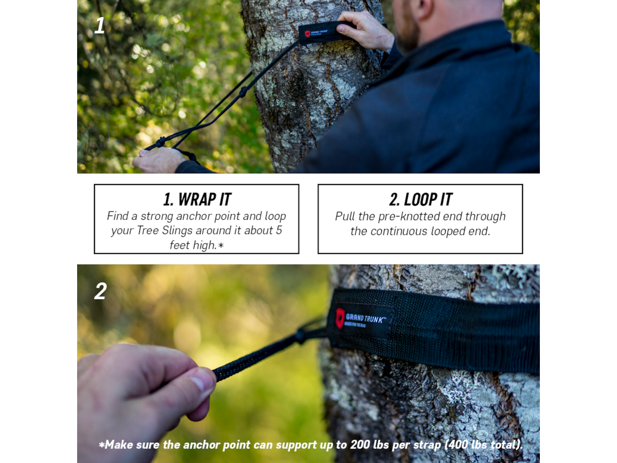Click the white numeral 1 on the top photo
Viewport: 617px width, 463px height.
100,26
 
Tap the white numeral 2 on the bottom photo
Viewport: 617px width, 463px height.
100,291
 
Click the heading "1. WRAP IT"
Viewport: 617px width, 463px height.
197,199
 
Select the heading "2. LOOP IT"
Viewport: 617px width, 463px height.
420,199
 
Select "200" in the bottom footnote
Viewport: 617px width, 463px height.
360,445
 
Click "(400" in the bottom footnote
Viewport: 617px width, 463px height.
457,445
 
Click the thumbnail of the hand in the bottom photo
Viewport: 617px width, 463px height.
202,381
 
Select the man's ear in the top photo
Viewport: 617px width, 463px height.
425,8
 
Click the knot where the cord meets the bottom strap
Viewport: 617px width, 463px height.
300,335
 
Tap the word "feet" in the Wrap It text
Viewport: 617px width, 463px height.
179,245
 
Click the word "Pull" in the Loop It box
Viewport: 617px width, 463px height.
345,216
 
